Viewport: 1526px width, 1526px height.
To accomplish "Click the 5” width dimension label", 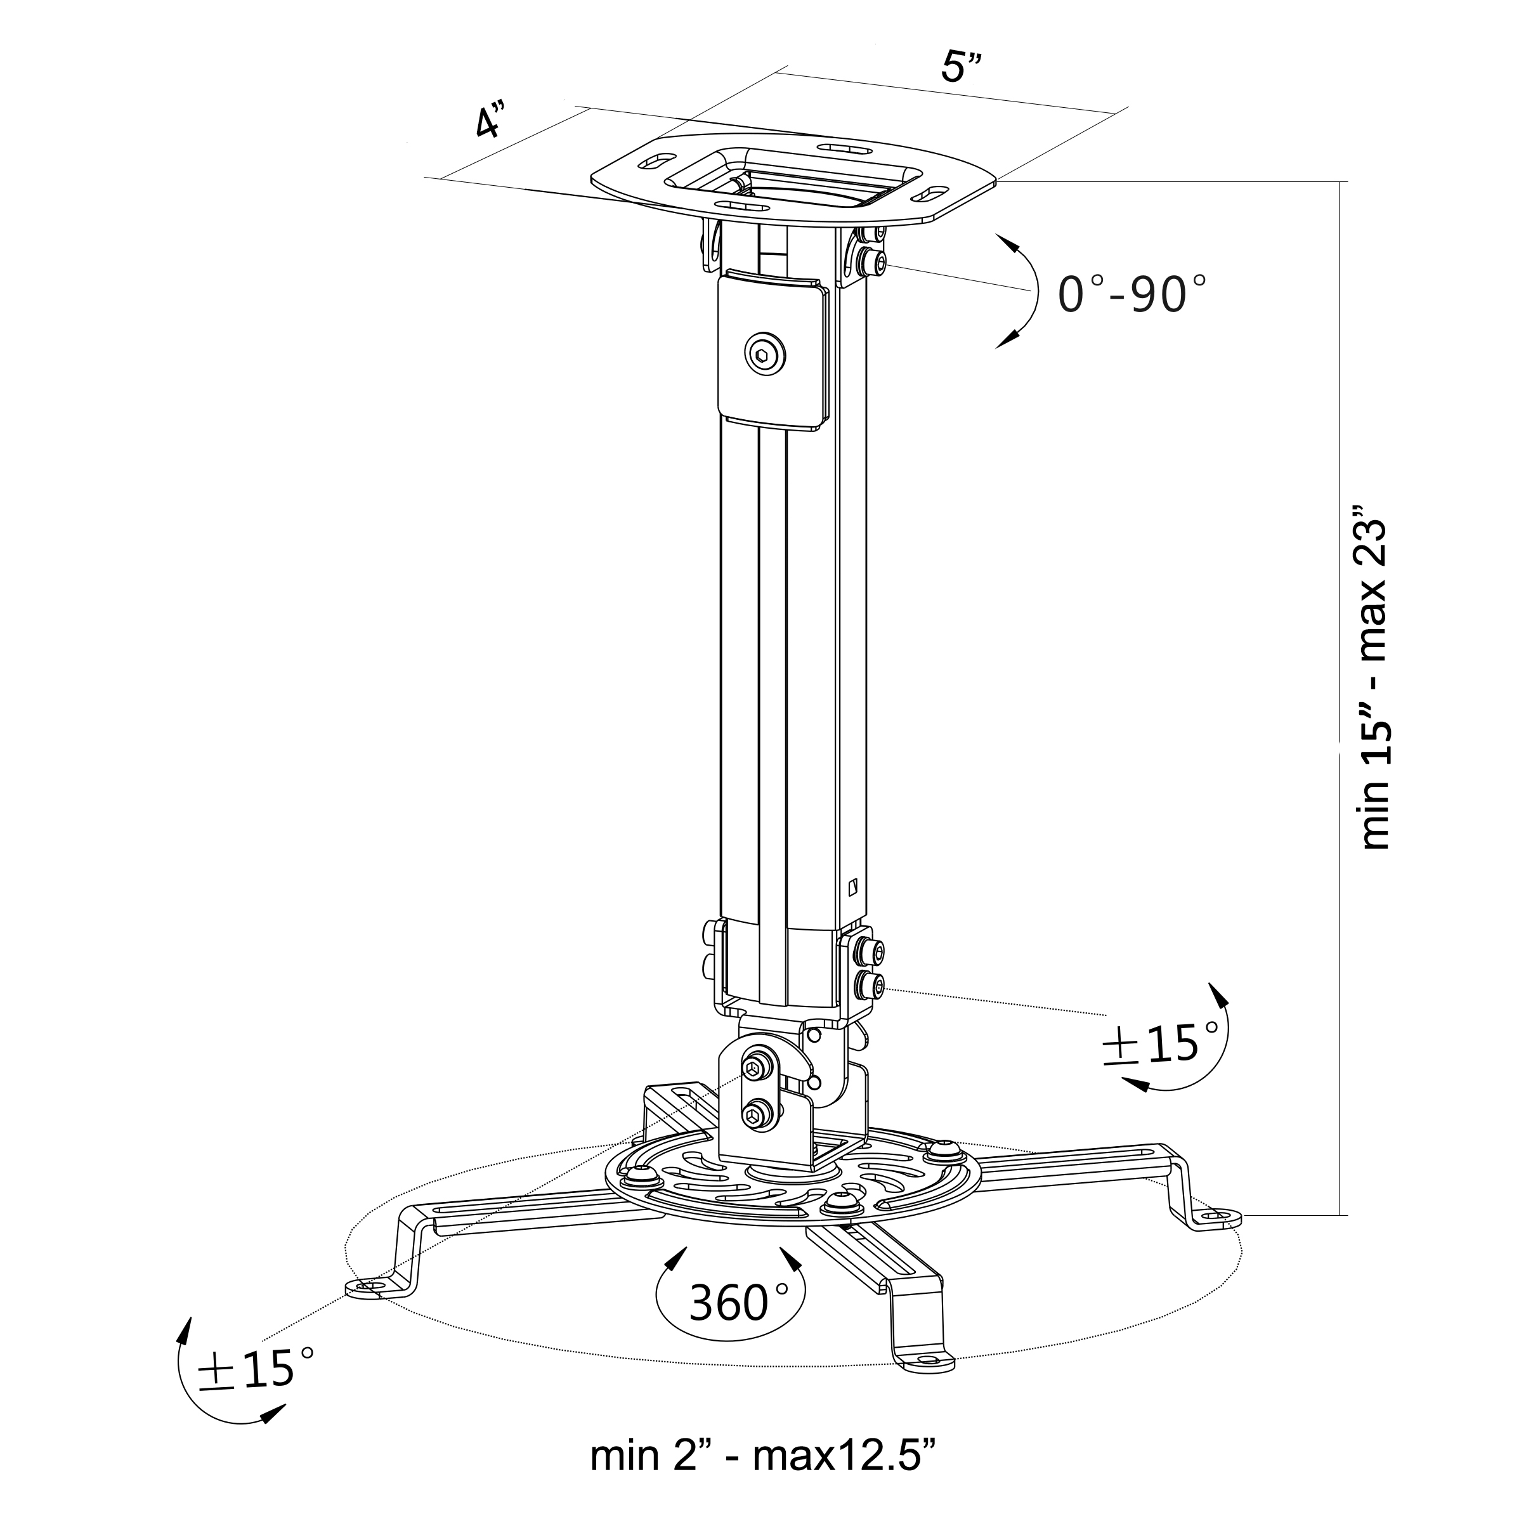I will pos(962,68).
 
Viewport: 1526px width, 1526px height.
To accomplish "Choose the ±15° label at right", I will pos(1161,1044).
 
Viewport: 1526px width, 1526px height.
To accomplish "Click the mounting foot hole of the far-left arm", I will pos(365,1288).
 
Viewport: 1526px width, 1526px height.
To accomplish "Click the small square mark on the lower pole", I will pos(851,886).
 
